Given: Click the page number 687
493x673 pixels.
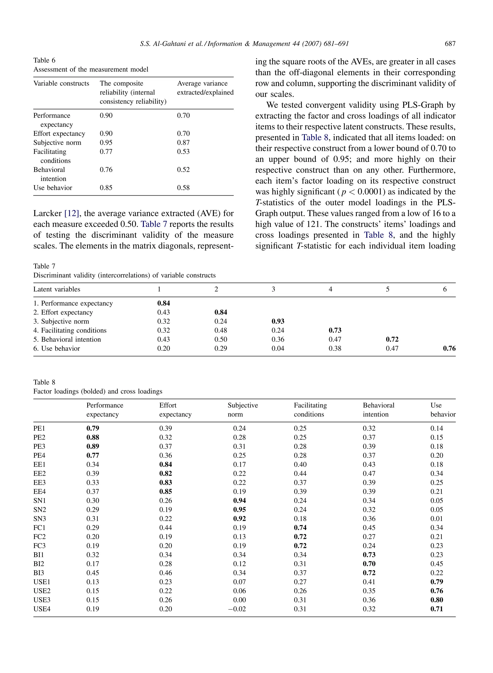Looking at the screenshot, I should point(450,44).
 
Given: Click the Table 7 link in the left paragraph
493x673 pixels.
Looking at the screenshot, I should point(154,224).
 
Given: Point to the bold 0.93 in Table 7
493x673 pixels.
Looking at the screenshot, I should point(278,321).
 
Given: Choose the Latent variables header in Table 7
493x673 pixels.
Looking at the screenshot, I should point(57,289).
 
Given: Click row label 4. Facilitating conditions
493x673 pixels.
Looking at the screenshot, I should point(70,330).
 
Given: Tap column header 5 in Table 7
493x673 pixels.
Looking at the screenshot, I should point(387,289).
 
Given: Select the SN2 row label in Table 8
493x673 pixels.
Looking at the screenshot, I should point(40,509).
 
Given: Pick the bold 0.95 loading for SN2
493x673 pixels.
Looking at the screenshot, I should point(239,509).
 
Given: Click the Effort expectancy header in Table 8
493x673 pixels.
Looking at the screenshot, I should point(175,410).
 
